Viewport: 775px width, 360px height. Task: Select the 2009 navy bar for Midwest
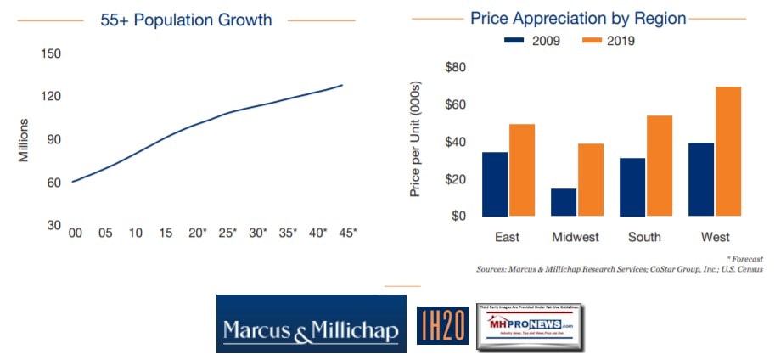[x=564, y=202]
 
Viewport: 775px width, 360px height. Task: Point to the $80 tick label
[x=455, y=68]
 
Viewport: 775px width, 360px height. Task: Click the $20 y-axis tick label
[x=455, y=179]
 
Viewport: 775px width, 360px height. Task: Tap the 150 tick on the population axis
[x=52, y=53]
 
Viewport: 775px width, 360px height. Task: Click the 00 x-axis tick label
[x=76, y=233]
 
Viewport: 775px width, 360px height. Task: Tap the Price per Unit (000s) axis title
[x=416, y=141]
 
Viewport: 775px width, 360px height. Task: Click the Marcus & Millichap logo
[x=311, y=324]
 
